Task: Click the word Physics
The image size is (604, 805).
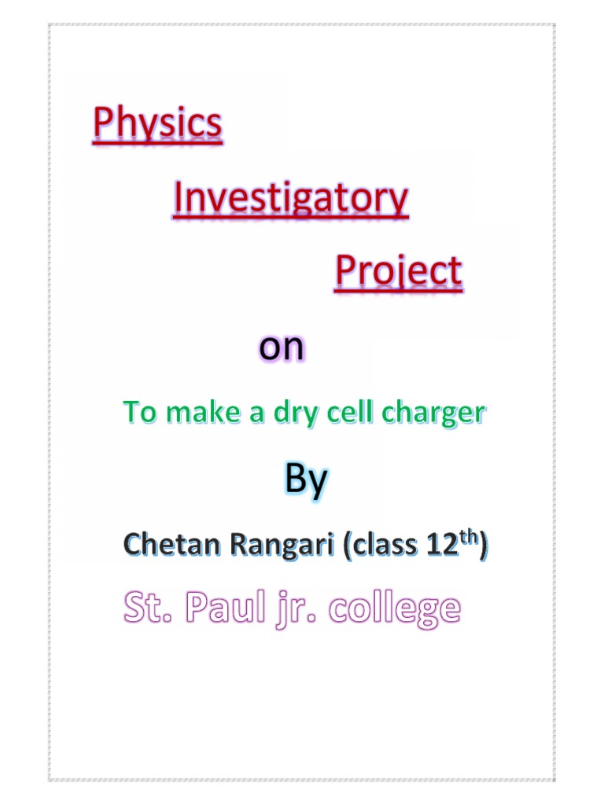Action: (157, 126)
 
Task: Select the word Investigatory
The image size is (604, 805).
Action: (291, 200)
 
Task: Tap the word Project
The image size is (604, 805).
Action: (398, 273)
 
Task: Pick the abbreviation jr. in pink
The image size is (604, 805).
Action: (293, 609)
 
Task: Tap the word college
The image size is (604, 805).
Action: (393, 609)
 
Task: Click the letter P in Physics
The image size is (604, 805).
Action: (104, 126)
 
